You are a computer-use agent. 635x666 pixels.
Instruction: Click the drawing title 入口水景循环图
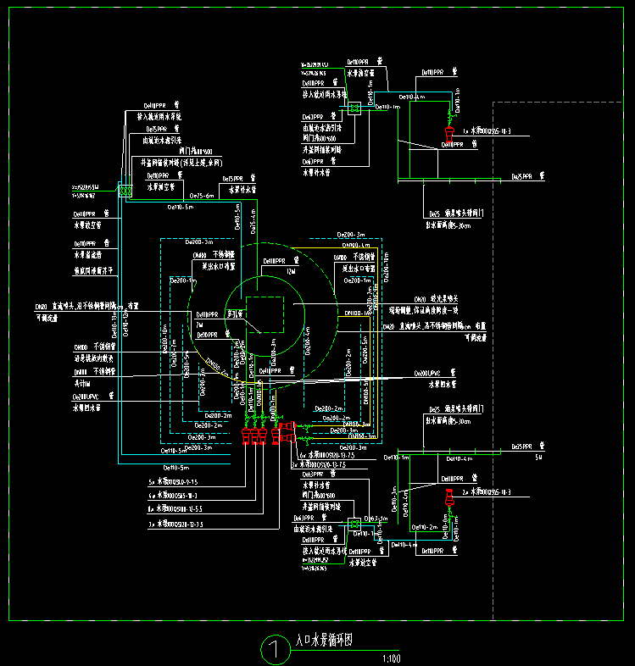point(323,642)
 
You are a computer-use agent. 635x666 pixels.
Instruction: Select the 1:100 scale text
point(391,658)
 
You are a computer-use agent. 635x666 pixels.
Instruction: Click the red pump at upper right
point(449,132)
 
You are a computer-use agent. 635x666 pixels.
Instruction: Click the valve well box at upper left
point(125,191)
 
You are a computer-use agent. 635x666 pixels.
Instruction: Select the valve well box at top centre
point(354,108)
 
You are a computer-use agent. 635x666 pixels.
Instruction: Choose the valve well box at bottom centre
point(354,525)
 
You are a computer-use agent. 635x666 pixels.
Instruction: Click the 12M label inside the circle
point(292,271)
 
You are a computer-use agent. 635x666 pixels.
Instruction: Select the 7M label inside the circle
point(200,325)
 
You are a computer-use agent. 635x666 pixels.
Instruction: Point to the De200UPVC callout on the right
point(431,374)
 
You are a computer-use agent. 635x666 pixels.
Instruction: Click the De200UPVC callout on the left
point(86,397)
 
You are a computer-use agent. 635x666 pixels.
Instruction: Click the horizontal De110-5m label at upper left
point(180,206)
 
